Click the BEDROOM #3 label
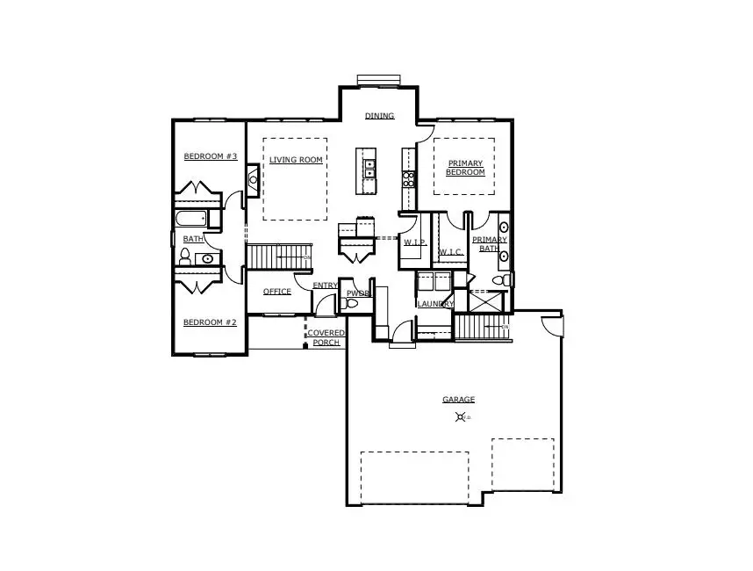click(x=211, y=156)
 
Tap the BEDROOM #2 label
click(x=210, y=322)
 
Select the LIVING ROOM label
click(x=296, y=160)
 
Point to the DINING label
click(x=379, y=116)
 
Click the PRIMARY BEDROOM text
click(x=466, y=168)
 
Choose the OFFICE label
click(x=276, y=292)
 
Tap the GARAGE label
click(x=458, y=400)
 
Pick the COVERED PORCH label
click(x=326, y=337)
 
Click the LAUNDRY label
click(x=435, y=304)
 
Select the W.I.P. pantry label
click(x=414, y=242)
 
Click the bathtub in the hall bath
click(x=190, y=219)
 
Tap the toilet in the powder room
click(x=352, y=303)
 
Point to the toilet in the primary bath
click(x=501, y=281)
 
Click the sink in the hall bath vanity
click(x=206, y=258)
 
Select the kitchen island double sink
click(x=370, y=168)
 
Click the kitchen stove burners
click(x=408, y=178)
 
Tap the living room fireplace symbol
click(x=253, y=179)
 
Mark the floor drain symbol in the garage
click(x=459, y=417)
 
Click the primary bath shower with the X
click(x=486, y=301)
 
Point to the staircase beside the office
click(x=279, y=257)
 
